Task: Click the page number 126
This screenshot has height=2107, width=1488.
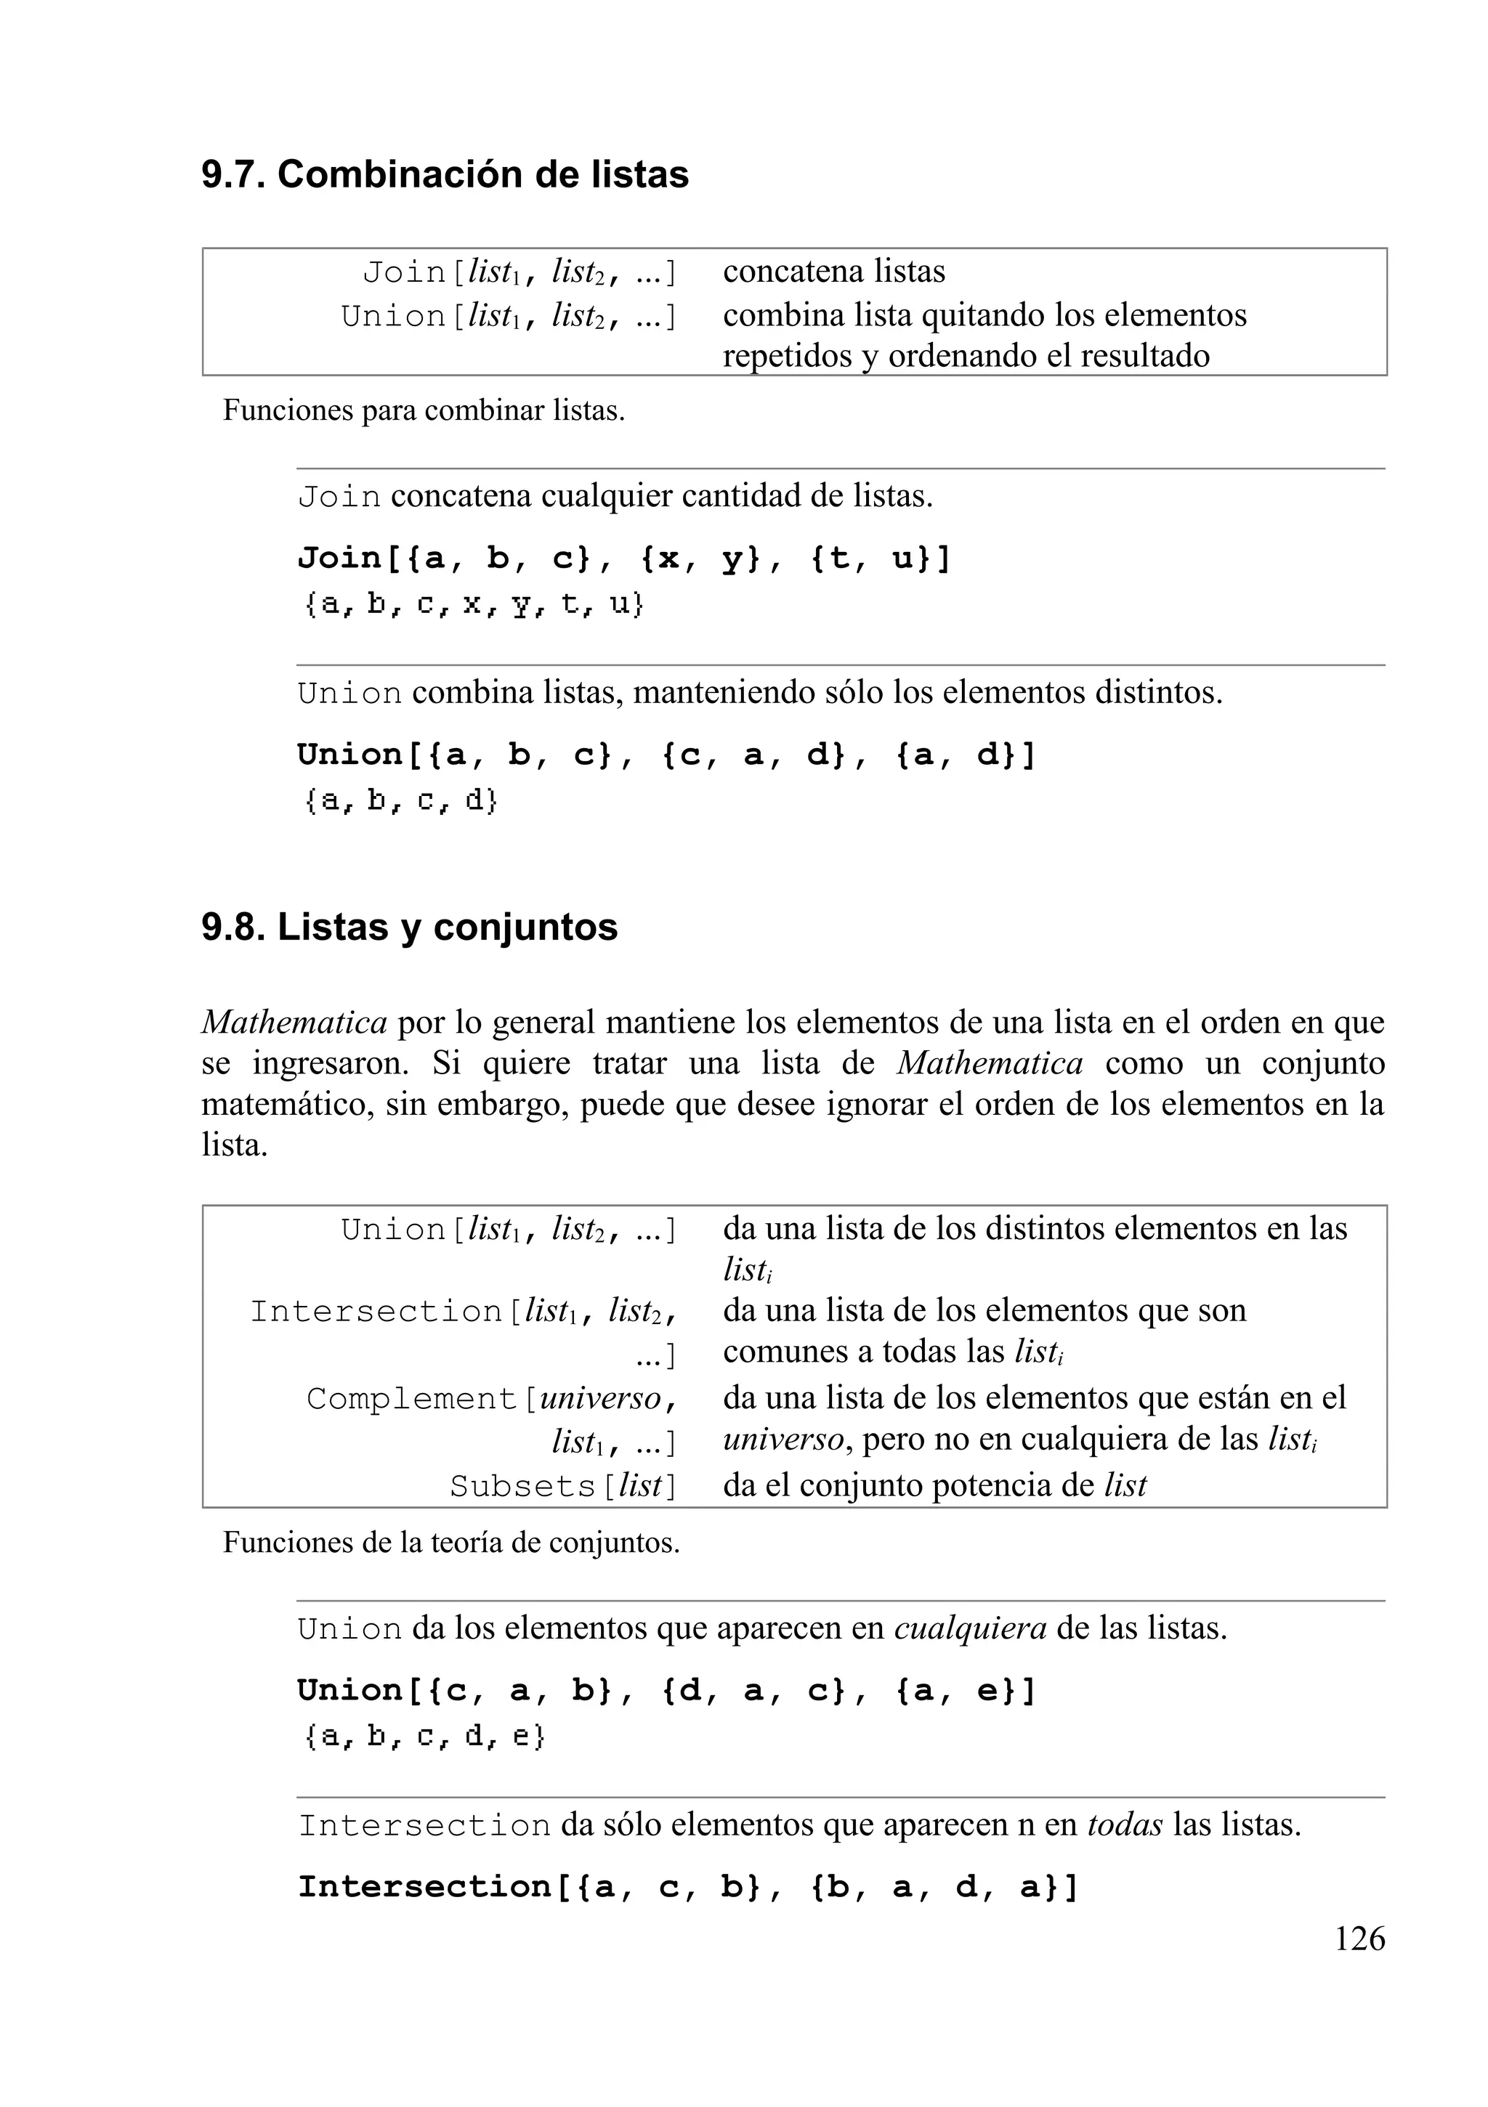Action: click(x=1359, y=1938)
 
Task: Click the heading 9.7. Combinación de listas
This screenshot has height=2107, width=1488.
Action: click(x=445, y=174)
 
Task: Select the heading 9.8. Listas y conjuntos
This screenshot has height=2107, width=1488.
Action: click(x=409, y=927)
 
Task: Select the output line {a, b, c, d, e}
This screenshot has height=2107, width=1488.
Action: click(x=424, y=1737)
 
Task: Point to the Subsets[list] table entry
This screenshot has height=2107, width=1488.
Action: click(x=562, y=1486)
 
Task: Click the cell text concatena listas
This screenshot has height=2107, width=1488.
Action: click(x=833, y=272)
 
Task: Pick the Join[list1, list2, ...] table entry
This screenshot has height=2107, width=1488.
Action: click(x=519, y=272)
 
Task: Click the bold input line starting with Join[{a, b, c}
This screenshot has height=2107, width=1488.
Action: click(x=624, y=558)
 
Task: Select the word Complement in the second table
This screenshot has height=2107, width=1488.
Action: click(x=412, y=1399)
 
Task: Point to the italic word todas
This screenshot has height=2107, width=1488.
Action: click(x=1125, y=1824)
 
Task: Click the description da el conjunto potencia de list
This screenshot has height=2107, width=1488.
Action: click(x=934, y=1486)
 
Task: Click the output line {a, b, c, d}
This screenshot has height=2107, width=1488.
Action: click(x=400, y=801)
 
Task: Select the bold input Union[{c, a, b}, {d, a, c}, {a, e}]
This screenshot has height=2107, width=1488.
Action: click(x=666, y=1690)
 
